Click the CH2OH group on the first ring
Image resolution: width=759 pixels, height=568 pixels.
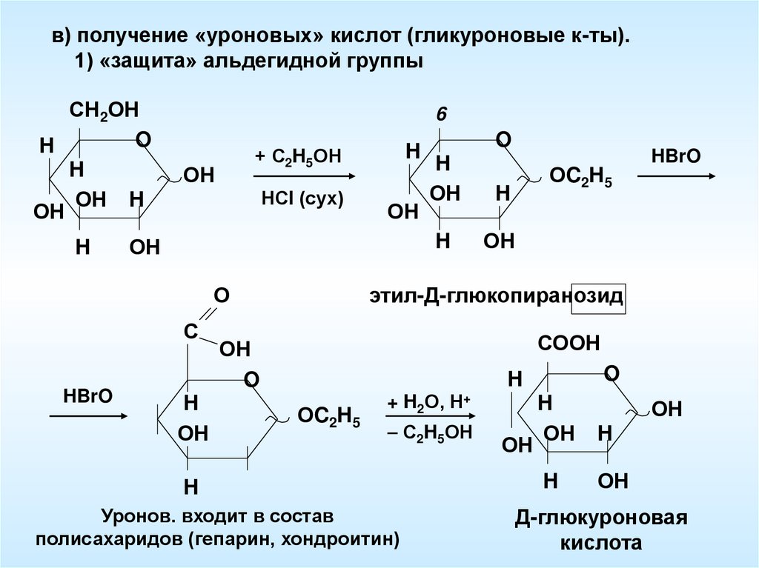pyautogui.click(x=105, y=111)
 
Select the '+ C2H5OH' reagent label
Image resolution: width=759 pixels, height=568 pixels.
pyautogui.click(x=299, y=157)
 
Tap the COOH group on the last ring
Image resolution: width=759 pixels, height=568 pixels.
pyautogui.click(x=569, y=343)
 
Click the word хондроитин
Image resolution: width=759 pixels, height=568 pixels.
pyautogui.click(x=342, y=538)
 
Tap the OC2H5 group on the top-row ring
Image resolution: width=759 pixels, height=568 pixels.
pyautogui.click(x=580, y=178)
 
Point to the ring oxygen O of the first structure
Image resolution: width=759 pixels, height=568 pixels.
pyautogui.click(x=144, y=139)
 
